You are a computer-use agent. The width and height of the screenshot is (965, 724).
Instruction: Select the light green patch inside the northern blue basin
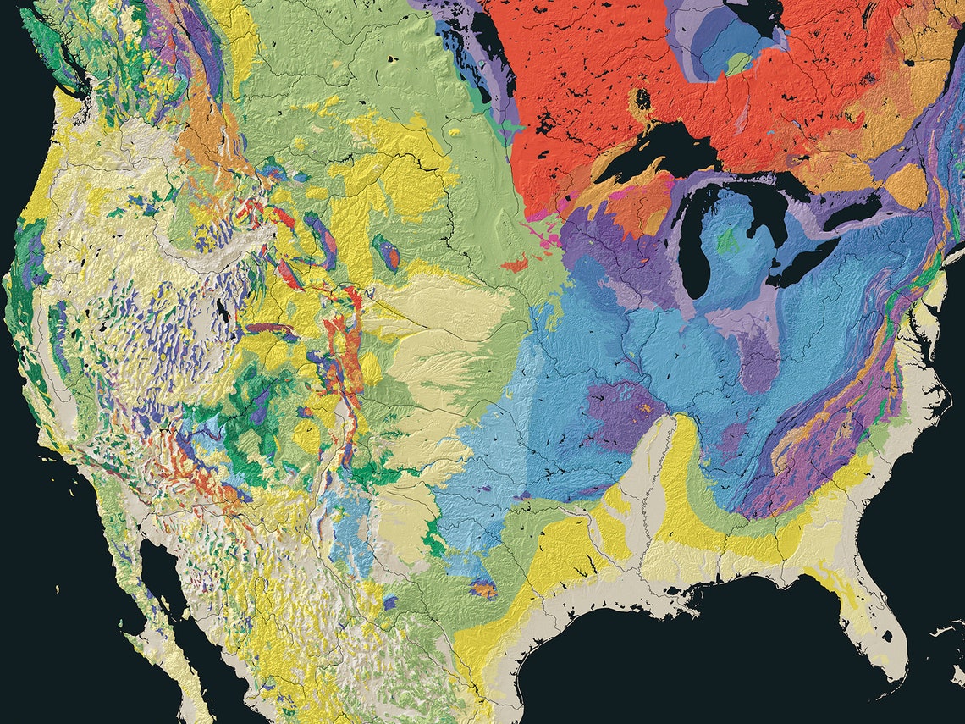(x=738, y=64)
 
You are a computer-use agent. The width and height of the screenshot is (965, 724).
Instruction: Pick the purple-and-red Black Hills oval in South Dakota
(x=387, y=252)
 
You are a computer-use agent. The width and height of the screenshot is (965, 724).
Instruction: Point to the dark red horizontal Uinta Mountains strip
(x=267, y=328)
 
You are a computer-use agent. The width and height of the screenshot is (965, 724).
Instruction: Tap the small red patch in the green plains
(x=514, y=265)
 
